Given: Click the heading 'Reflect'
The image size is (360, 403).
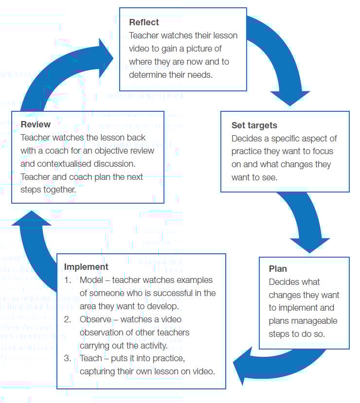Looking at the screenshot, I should click(x=144, y=22).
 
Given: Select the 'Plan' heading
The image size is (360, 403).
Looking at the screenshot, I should click(x=278, y=269).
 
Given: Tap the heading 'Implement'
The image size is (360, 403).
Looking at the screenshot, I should click(x=86, y=267).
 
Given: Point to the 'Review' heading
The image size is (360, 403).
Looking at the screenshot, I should click(x=36, y=124).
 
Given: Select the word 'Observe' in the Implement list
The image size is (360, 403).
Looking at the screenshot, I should click(x=95, y=320).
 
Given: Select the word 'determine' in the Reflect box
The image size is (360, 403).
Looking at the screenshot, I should click(x=146, y=75).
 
